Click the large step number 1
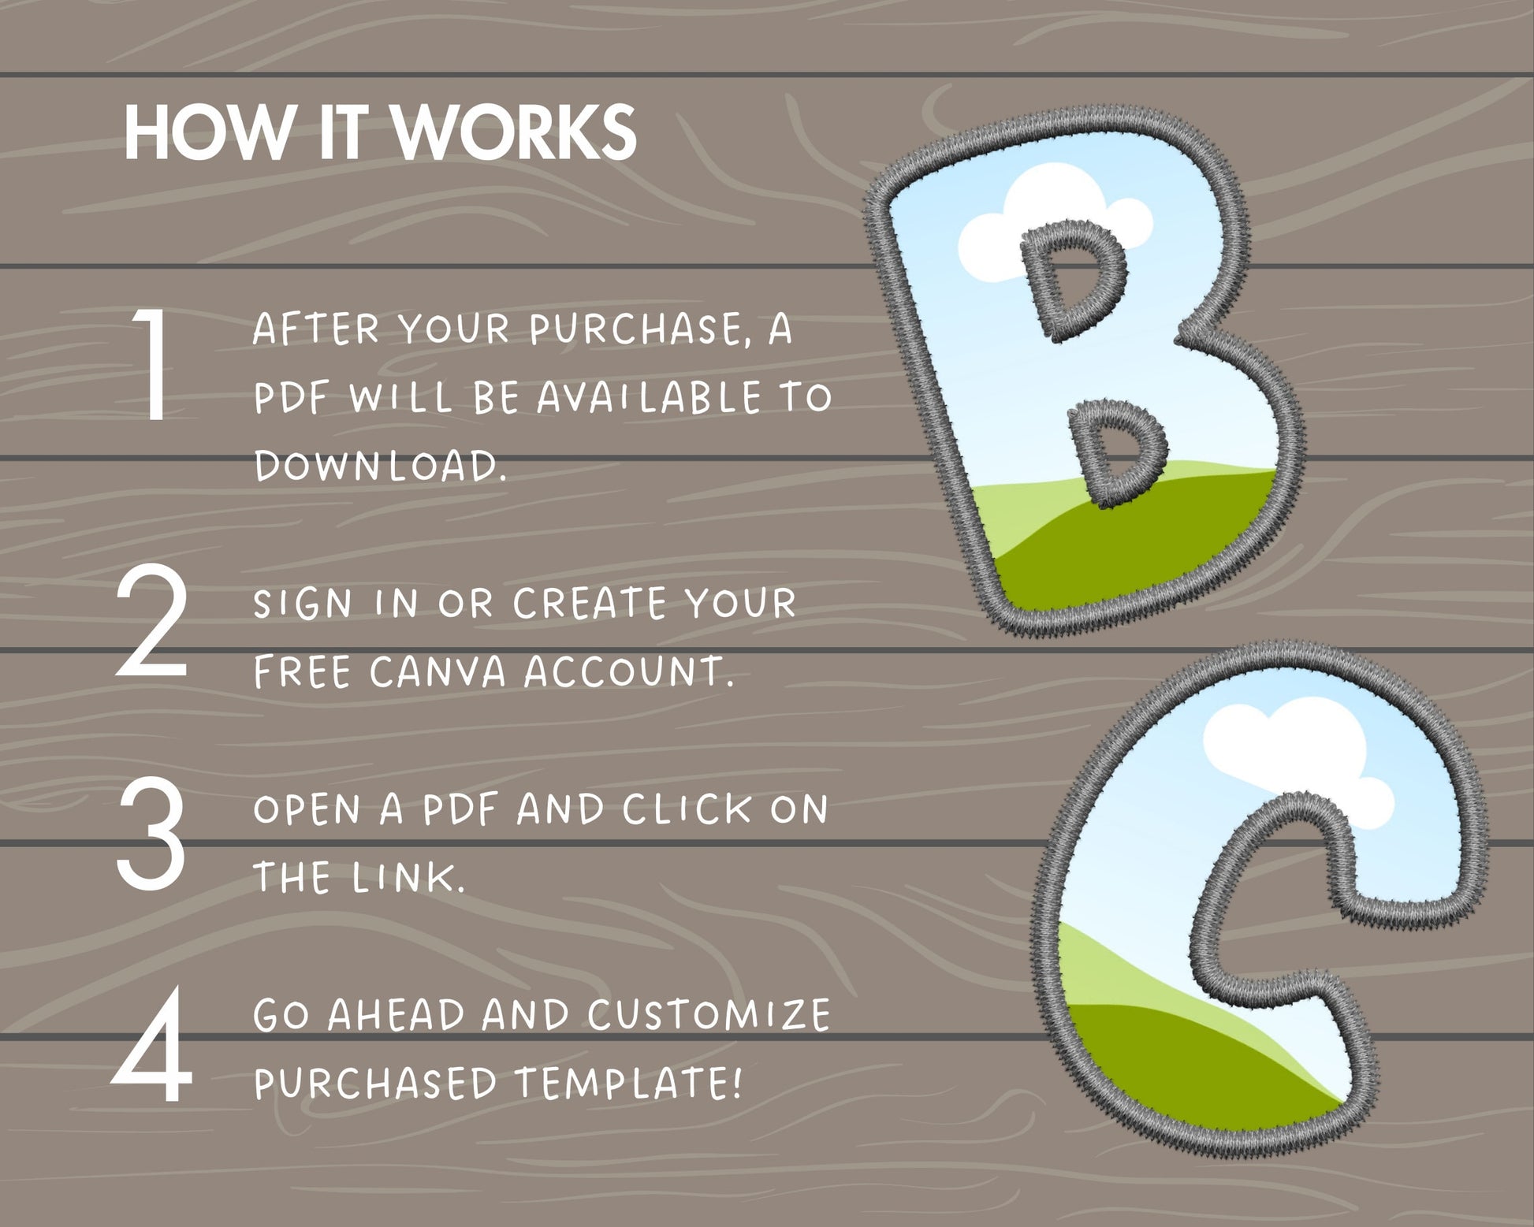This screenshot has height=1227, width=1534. pos(152,364)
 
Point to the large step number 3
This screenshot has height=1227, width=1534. pos(151,835)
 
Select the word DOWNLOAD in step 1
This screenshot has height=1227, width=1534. pos(380,466)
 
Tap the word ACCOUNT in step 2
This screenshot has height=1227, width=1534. pos(628,672)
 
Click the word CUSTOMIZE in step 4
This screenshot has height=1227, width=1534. pos(709,1015)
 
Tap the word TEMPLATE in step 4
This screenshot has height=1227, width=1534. pos(629,1084)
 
